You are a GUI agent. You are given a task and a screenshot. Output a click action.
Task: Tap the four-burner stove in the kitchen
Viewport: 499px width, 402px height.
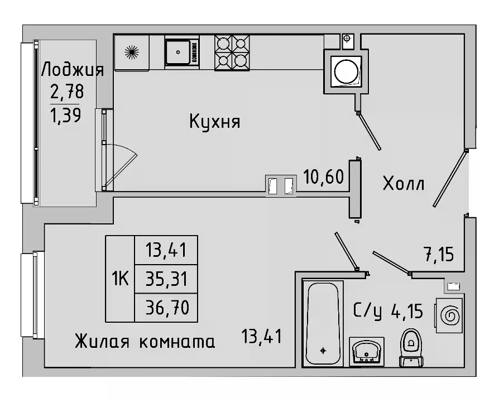232,52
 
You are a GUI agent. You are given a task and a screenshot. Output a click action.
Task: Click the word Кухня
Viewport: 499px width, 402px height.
214,121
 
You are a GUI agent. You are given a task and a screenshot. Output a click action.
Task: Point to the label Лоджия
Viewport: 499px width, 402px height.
73,70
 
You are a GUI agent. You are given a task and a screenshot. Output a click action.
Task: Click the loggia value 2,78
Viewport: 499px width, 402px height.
65,90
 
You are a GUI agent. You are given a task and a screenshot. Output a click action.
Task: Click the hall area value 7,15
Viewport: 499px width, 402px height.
439,255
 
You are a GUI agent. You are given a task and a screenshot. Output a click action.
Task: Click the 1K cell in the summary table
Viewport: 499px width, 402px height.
120,278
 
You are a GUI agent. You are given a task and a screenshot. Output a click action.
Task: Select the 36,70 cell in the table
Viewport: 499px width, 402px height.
166,307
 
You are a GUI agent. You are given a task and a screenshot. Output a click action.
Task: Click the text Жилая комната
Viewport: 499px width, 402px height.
145,341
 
